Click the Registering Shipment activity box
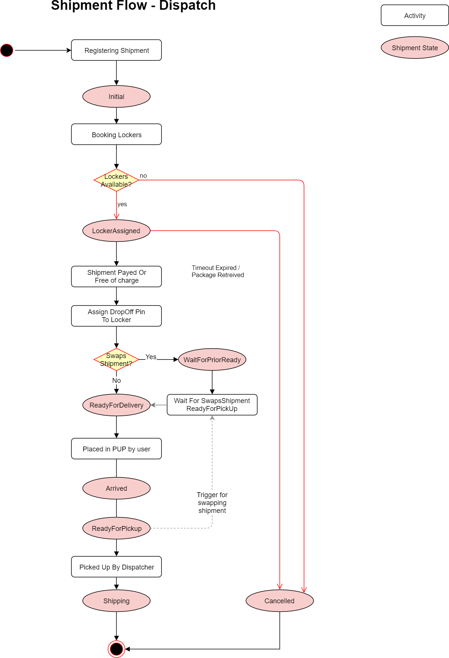(x=116, y=50)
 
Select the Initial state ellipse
(x=116, y=97)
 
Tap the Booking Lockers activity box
(x=116, y=135)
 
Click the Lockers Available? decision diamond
(x=116, y=180)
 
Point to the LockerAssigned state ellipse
(x=116, y=231)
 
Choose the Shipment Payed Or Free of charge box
(x=116, y=277)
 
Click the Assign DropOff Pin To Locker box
(x=116, y=316)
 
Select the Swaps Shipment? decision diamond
(x=116, y=360)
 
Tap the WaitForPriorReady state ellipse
(x=212, y=360)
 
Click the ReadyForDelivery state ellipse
(x=116, y=405)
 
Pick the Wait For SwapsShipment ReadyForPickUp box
(x=212, y=405)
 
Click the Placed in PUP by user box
(x=116, y=449)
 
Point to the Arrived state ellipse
(x=116, y=489)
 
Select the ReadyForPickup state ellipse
(x=116, y=529)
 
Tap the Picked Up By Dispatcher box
(x=116, y=567)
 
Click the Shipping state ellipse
(x=116, y=601)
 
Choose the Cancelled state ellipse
(x=280, y=601)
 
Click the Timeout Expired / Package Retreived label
(x=218, y=271)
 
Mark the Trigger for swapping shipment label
(x=212, y=503)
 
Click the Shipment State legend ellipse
(x=415, y=48)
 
